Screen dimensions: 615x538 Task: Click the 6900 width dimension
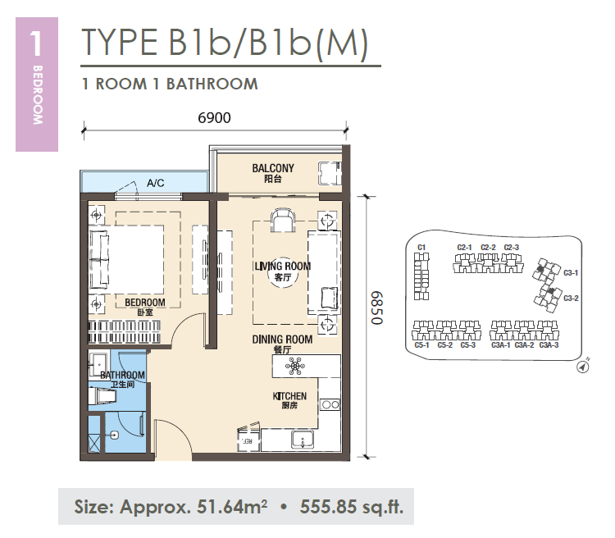point(214,118)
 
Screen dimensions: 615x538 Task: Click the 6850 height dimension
point(376,308)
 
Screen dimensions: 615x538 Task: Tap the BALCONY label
point(273,168)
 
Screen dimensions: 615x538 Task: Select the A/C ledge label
point(155,183)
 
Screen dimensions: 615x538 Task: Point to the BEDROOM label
point(144,303)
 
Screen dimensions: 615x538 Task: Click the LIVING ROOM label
point(282,266)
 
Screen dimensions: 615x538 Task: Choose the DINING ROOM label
point(282,339)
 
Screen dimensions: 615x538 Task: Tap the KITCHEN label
point(289,396)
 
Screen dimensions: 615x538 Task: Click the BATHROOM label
point(122,375)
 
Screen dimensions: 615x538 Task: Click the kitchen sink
point(303,439)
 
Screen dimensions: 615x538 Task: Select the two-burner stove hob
point(330,404)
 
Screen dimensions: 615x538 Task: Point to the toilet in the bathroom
point(102,396)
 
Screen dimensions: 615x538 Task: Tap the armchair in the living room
point(282,221)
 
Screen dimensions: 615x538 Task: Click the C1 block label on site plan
point(421,247)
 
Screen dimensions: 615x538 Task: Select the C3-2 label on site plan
point(571,299)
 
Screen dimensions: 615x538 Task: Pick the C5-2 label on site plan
point(444,345)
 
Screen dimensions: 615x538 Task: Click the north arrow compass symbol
point(583,367)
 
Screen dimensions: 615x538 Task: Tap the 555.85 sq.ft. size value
point(352,507)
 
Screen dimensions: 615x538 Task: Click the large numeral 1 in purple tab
point(36,43)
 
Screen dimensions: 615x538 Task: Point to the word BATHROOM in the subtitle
point(212,84)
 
